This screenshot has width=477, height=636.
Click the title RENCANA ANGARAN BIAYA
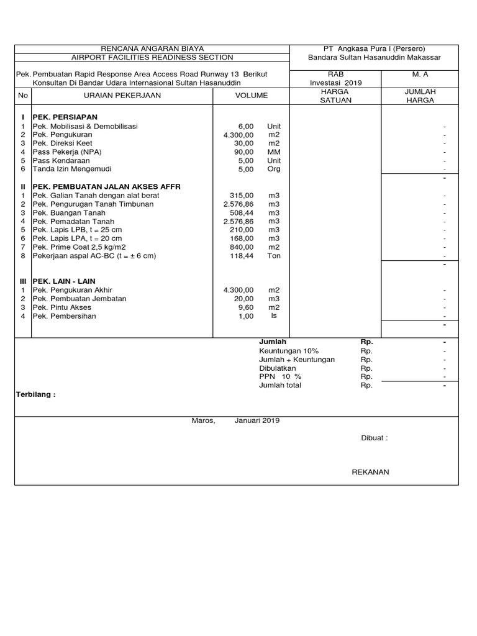click(152, 49)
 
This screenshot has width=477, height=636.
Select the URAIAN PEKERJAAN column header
click(122, 96)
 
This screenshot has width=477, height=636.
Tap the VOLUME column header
click(252, 96)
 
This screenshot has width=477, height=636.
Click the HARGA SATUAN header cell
click(335, 96)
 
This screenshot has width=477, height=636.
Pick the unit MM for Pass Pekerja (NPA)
click(274, 152)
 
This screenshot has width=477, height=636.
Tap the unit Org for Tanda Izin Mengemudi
click(274, 169)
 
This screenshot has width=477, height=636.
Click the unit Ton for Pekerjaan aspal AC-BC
click(274, 256)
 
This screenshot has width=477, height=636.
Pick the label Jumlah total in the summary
click(280, 385)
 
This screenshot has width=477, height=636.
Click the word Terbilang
click(35, 394)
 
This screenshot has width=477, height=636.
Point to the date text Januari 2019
click(257, 420)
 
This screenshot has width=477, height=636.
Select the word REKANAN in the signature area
click(370, 472)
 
